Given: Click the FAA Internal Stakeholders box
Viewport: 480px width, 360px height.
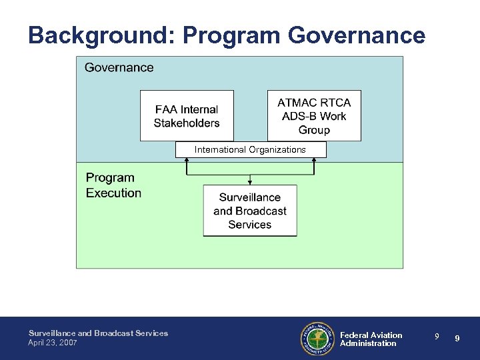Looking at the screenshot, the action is (187, 115).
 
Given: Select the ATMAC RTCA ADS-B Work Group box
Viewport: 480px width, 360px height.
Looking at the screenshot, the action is (314, 115).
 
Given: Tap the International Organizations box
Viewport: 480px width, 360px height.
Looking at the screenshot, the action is (251, 149).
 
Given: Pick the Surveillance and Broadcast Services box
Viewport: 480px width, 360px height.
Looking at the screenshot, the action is (250, 211).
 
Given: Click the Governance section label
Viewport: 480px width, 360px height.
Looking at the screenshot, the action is (119, 67).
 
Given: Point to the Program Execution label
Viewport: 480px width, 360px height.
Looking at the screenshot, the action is (113, 185).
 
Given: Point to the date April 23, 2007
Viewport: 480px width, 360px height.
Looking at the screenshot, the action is (53, 342).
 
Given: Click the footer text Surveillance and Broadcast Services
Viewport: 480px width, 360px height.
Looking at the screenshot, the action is (98, 333).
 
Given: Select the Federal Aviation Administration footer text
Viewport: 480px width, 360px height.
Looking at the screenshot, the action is (371, 339).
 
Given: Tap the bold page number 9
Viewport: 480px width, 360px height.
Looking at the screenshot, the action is (457, 339).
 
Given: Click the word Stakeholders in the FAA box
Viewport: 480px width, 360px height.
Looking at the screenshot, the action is (187, 123).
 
